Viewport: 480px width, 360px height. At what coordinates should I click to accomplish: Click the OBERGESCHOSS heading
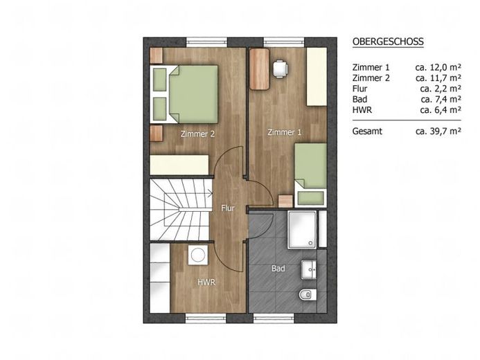[388, 42]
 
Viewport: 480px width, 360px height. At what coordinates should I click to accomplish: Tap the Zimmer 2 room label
[197, 134]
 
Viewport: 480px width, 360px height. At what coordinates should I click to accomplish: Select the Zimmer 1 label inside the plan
[285, 132]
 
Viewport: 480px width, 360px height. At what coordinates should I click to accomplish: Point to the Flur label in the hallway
[228, 208]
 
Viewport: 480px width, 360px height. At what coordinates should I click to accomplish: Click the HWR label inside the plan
[206, 282]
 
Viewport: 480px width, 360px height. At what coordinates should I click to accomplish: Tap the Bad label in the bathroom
[278, 269]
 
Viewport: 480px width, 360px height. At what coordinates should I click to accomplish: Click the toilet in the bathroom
[308, 294]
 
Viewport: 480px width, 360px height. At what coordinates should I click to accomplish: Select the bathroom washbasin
[309, 269]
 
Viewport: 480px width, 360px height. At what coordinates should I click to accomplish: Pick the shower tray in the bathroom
[302, 229]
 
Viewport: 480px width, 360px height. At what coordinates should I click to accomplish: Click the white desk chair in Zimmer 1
[281, 69]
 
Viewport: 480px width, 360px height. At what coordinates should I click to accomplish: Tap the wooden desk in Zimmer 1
[259, 69]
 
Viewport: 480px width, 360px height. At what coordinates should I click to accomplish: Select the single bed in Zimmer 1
[310, 175]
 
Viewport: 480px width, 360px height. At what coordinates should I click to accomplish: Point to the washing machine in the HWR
[198, 255]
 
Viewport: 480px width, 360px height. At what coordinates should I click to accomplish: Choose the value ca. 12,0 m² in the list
[438, 67]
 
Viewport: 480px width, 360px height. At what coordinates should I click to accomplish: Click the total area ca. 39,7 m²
[438, 132]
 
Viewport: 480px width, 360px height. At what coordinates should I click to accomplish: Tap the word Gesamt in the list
[367, 132]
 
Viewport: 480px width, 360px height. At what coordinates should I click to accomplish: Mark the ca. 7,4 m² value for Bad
[441, 99]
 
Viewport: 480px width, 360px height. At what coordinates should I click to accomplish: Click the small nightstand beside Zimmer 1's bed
[285, 201]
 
